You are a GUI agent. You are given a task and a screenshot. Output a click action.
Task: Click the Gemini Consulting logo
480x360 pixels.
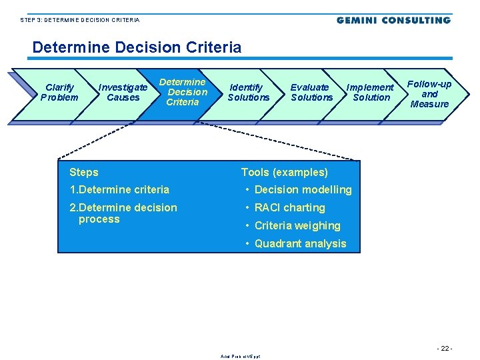(x=393, y=20)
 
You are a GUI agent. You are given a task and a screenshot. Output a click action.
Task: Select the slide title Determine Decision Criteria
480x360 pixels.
(x=137, y=47)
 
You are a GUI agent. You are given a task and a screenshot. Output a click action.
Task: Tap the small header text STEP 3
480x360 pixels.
(x=80, y=20)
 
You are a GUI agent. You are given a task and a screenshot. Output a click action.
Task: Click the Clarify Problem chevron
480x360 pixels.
(x=59, y=93)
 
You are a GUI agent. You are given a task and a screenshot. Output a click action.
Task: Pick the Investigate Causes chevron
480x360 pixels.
(x=123, y=93)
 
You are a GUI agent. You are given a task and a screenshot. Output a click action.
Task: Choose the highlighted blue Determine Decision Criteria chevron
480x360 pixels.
(x=183, y=93)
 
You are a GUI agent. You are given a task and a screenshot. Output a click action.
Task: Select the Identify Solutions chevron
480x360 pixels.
(x=248, y=93)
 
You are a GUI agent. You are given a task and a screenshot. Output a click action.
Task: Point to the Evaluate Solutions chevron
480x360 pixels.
(x=311, y=93)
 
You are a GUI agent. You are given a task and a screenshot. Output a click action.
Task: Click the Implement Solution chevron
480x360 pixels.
(x=371, y=93)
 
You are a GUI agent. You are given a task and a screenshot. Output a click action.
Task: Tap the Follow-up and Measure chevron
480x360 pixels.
(x=429, y=94)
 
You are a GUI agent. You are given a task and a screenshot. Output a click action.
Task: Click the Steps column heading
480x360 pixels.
(x=84, y=172)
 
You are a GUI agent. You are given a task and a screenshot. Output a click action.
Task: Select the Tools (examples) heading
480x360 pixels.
(x=285, y=172)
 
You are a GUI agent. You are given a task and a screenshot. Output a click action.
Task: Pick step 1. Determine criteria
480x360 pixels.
(x=119, y=189)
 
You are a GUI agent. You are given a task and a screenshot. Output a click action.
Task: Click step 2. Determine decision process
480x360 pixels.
(x=123, y=213)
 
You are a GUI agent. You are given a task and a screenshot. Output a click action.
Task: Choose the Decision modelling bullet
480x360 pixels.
(x=303, y=189)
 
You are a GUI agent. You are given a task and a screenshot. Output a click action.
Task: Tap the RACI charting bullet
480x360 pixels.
(x=289, y=207)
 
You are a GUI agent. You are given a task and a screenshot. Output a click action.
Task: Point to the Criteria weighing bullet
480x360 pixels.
(x=297, y=225)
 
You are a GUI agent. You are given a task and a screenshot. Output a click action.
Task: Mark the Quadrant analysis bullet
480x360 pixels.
(x=300, y=243)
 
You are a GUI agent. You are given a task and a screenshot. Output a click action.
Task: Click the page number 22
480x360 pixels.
(x=444, y=349)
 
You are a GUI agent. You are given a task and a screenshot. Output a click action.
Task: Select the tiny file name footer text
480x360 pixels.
(x=240, y=356)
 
